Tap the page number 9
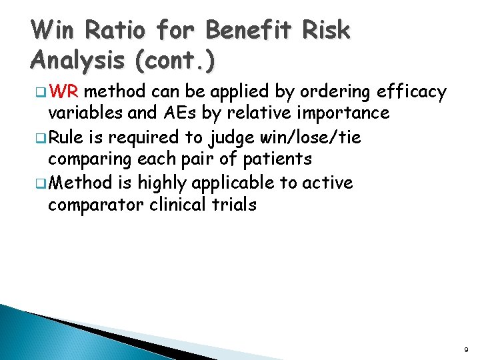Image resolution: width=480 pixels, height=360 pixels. (465, 349)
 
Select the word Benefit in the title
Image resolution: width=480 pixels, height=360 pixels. (251, 31)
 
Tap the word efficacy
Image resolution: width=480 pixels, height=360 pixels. (412, 91)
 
